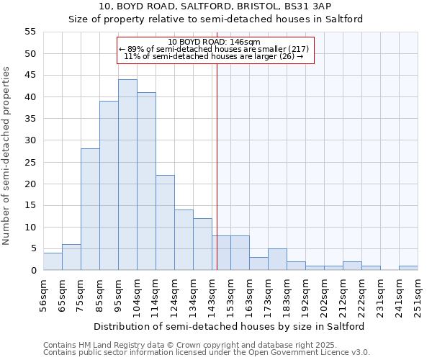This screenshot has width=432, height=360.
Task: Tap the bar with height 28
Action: pos(90,210)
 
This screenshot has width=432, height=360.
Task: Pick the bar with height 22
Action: pos(165,222)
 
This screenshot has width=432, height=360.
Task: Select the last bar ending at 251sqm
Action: pos(408,268)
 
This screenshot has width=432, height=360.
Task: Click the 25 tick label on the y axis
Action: pos(30,162)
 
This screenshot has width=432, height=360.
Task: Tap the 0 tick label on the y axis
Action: pos(32,271)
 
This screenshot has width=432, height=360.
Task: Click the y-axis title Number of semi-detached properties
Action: pos(6,156)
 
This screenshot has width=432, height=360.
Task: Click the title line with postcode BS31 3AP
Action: pos(216,6)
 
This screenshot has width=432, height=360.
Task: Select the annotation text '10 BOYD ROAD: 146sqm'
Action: pos(214,42)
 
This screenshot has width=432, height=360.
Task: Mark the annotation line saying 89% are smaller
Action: pos(214,49)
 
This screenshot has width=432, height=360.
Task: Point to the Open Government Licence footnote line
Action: pos(207,352)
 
